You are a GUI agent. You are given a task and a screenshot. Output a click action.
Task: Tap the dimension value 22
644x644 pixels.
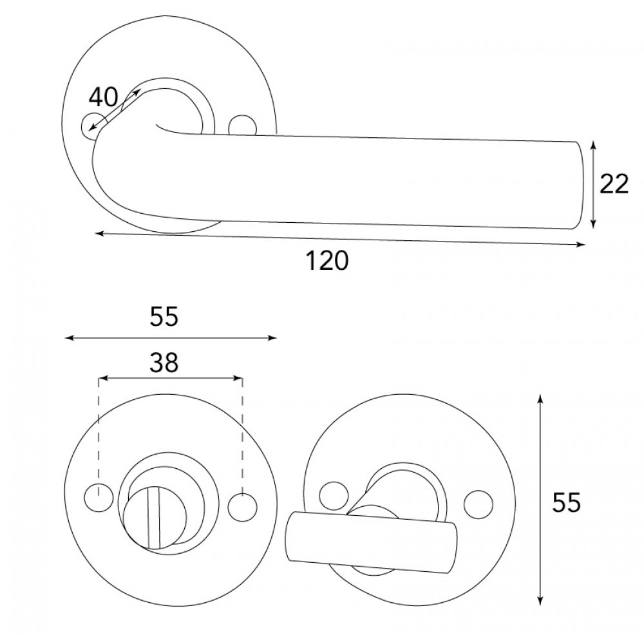[614, 185]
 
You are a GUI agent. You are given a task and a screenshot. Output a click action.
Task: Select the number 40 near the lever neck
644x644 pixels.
[104, 98]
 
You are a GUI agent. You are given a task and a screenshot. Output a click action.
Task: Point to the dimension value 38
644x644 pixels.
[164, 364]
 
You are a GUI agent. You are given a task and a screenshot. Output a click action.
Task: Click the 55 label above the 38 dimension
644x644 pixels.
[164, 317]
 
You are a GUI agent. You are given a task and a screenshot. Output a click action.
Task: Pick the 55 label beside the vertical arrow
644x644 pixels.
[567, 503]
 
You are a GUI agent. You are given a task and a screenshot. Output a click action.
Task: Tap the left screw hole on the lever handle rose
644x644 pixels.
[90, 125]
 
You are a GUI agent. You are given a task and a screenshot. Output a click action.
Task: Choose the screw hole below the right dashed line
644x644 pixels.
[241, 504]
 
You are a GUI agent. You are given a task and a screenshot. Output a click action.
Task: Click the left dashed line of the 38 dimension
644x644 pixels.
[98, 431]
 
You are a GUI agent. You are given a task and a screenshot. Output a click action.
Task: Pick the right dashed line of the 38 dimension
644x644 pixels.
[242, 431]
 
